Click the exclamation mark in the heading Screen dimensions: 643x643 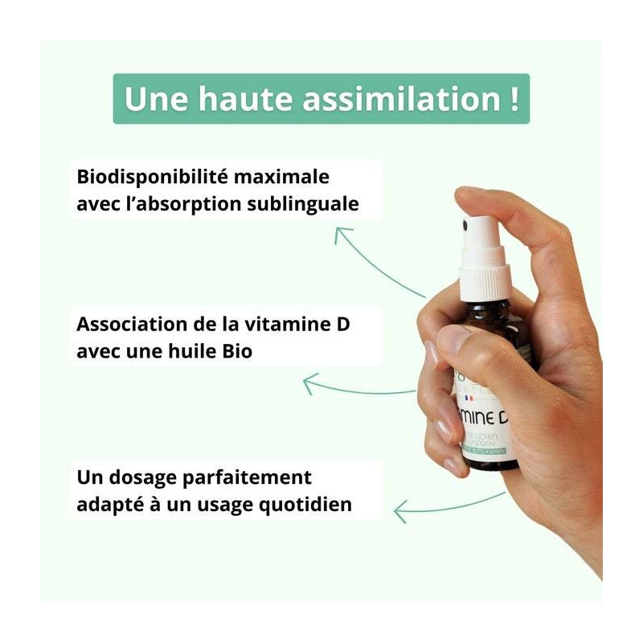click(x=512, y=100)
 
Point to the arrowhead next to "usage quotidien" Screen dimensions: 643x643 click(x=400, y=508)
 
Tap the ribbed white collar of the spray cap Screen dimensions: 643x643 click(x=485, y=278)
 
